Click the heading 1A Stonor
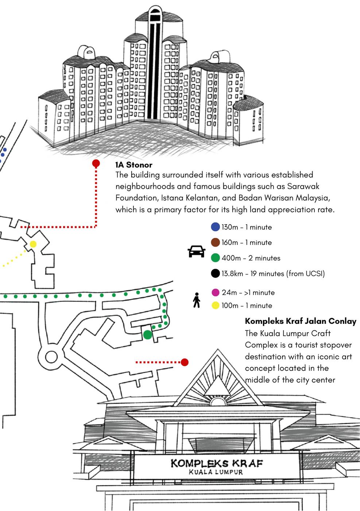pos(134,165)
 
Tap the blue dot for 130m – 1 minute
pos(215,227)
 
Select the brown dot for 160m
pos(215,242)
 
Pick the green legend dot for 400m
pos(215,258)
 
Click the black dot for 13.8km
pos(215,273)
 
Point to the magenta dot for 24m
pos(215,292)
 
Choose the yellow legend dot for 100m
pos(215,306)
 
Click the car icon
pos(196,251)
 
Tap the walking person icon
pos(197,300)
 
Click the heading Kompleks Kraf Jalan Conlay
pos(301,321)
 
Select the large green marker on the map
pos(147,334)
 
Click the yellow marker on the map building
pos(33,244)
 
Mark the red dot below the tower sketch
pos(96,163)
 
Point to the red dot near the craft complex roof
pos(185,362)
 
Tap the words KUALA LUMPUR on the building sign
pos(216,472)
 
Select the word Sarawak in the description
pos(303,186)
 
